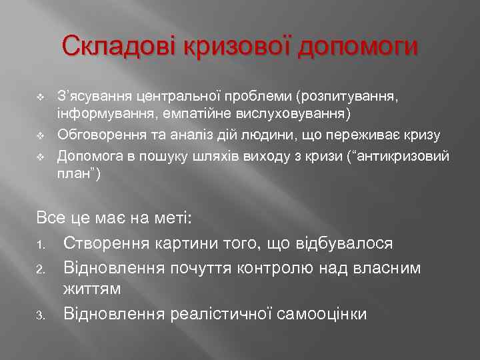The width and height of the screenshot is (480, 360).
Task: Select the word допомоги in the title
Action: coord(359,47)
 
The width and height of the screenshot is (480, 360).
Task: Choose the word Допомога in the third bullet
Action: coord(90,157)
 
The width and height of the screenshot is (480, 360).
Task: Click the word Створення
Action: coord(107,243)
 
